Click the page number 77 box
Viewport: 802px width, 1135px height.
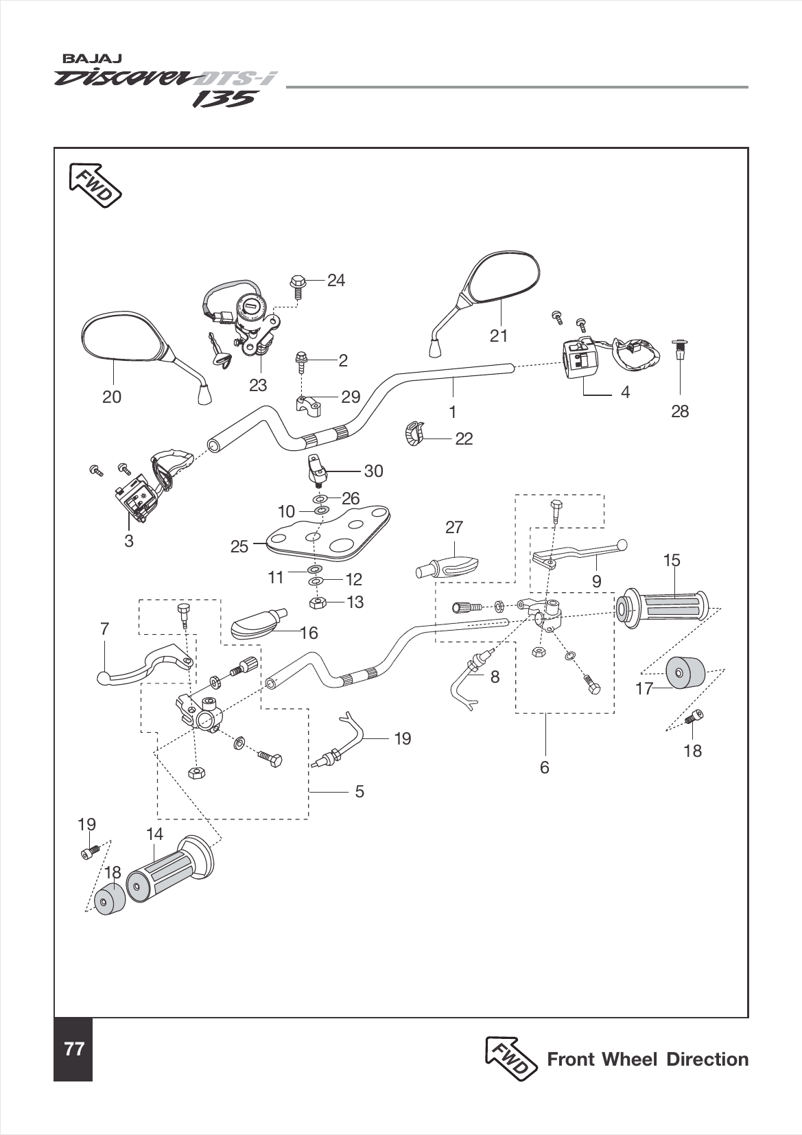pos(73,1049)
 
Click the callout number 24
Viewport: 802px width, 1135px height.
pos(335,280)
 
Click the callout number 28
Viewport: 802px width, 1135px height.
pos(680,411)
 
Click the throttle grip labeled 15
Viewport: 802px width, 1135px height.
pos(665,607)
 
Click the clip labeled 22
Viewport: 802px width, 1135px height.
pos(412,434)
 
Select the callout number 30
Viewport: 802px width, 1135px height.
pos(373,471)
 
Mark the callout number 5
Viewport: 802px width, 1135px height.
pos(359,791)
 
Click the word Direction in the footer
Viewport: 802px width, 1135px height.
pos(707,1059)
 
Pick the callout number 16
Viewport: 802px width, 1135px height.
pos(309,633)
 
